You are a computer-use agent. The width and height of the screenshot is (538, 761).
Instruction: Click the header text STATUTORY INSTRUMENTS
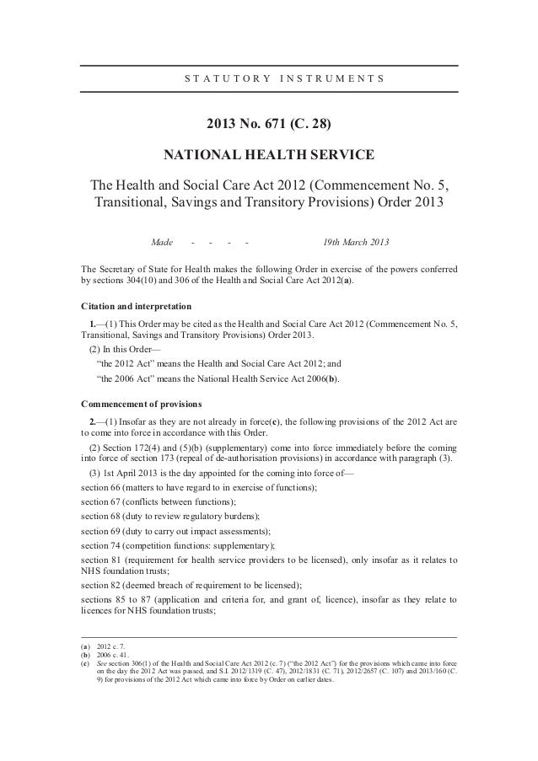[283, 80]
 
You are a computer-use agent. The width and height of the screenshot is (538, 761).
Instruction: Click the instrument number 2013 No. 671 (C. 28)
[269, 127]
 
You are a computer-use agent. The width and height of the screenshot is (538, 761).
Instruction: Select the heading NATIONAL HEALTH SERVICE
[268, 156]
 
